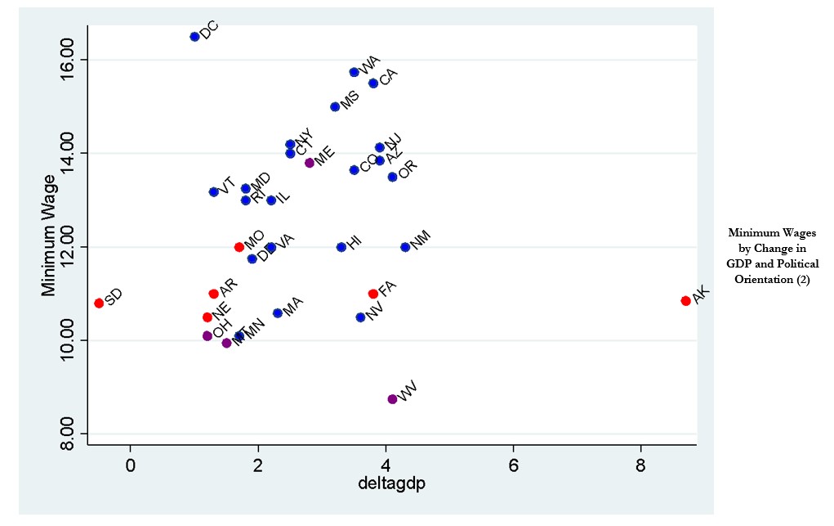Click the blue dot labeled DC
[x=194, y=37]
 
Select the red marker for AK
[x=685, y=301]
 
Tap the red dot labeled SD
[x=99, y=303]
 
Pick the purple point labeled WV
[x=392, y=399]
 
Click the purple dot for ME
[x=310, y=163]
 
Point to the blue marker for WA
[x=354, y=72]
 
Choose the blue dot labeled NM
[x=405, y=247]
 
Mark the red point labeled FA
[x=373, y=294]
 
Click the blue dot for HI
[x=341, y=247]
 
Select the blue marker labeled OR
[x=392, y=177]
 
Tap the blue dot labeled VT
[x=213, y=191]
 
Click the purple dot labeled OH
[x=207, y=336]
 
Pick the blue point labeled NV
[x=360, y=317]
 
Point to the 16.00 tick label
[x=68, y=60]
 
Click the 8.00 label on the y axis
[x=68, y=434]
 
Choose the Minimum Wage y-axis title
[x=49, y=236]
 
